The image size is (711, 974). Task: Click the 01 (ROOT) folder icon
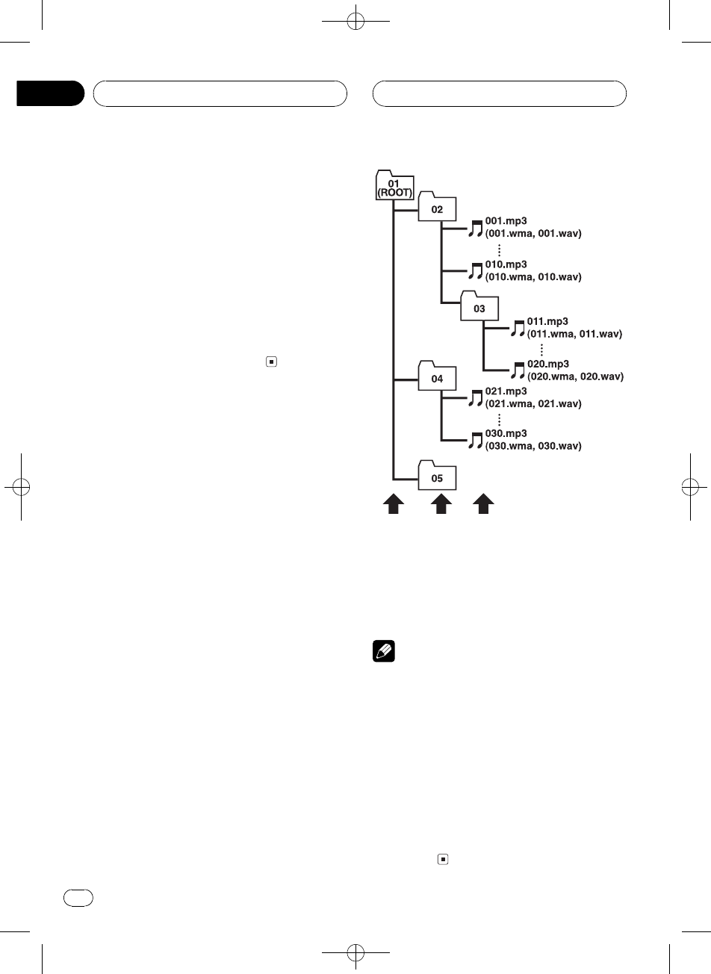pyautogui.click(x=393, y=184)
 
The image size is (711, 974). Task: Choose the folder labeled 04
pyautogui.click(x=437, y=378)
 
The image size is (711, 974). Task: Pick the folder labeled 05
pyautogui.click(x=437, y=477)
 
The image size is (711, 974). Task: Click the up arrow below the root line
pyautogui.click(x=394, y=505)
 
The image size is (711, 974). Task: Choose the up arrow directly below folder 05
pyautogui.click(x=441, y=505)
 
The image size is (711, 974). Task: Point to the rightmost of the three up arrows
pyautogui.click(x=485, y=505)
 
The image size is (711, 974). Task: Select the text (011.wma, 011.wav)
pyautogui.click(x=575, y=334)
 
